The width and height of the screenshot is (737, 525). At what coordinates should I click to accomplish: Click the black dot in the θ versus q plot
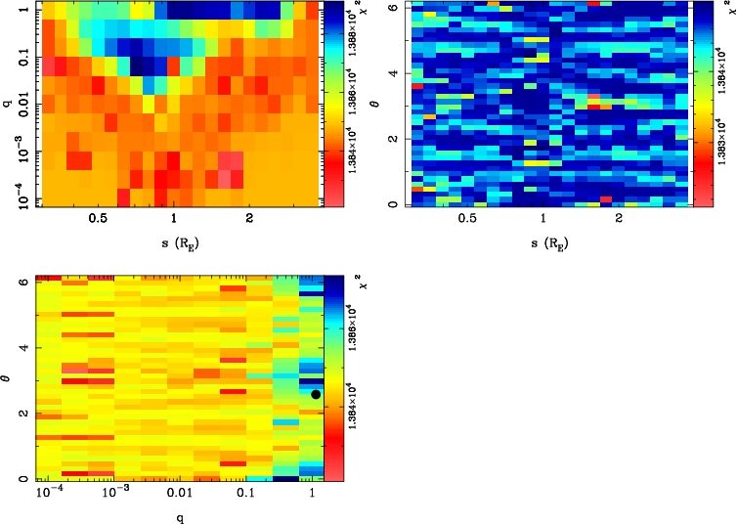(x=315, y=394)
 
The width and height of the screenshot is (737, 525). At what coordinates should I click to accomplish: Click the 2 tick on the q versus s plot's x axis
(x=250, y=220)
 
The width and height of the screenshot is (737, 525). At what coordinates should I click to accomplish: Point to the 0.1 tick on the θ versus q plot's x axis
(x=244, y=497)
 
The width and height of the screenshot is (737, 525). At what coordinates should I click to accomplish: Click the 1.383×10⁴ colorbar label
(x=719, y=133)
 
